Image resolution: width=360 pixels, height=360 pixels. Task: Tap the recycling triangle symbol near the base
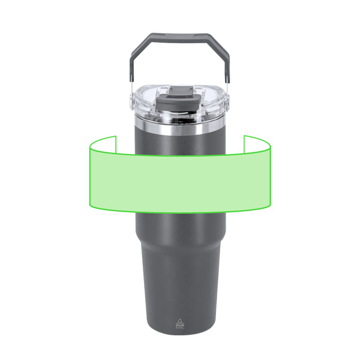click(180, 319)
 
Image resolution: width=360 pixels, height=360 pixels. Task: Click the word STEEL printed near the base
click(180, 328)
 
